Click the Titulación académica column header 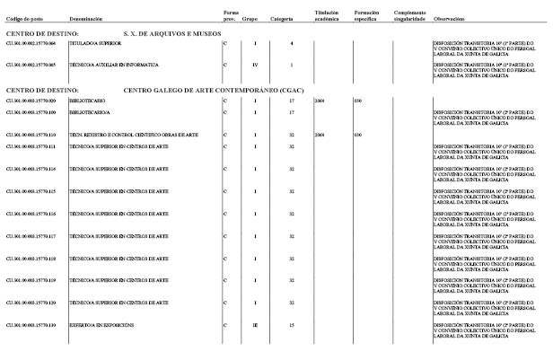(329, 15)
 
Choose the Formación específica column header (369, 15)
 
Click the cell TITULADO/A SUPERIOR (95, 43)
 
